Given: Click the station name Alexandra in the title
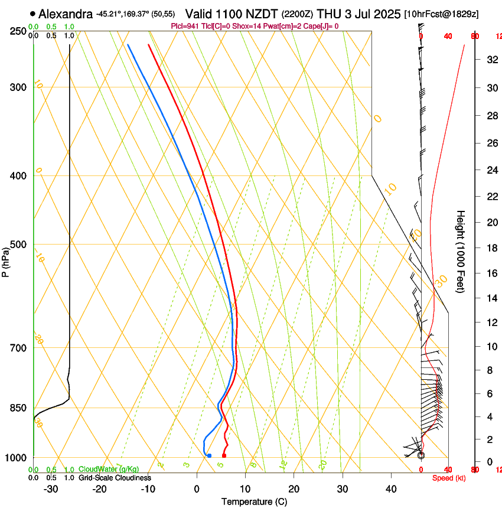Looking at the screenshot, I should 65,14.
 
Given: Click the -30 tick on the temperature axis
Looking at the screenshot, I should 51,489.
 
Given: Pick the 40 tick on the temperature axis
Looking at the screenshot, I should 391,489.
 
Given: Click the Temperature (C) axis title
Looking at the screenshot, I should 254,502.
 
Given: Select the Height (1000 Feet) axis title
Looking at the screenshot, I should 461,251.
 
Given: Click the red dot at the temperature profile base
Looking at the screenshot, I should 224,455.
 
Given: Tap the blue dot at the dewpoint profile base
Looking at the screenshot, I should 209,455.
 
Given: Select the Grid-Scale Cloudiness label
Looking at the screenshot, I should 115,477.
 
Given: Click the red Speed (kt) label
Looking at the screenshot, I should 447,477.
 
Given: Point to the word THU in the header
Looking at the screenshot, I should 329,14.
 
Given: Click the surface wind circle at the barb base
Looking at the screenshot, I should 421,455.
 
